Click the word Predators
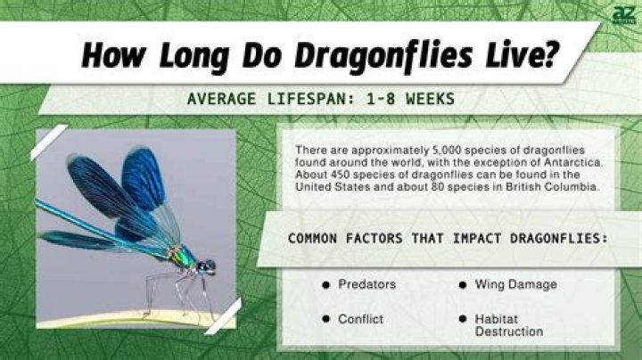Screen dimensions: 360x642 coord(366,285)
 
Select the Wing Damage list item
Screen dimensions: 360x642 coord(515,285)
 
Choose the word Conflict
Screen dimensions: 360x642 coord(361,318)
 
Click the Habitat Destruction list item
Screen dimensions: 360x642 coord(508,324)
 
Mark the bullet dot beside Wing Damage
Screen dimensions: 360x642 coord(463,285)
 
